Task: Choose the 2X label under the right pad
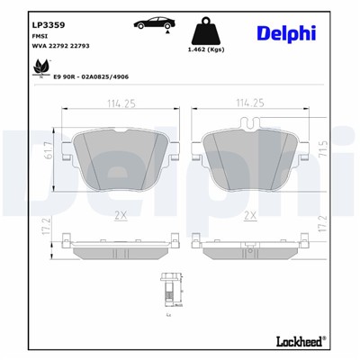[x=251, y=215]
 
